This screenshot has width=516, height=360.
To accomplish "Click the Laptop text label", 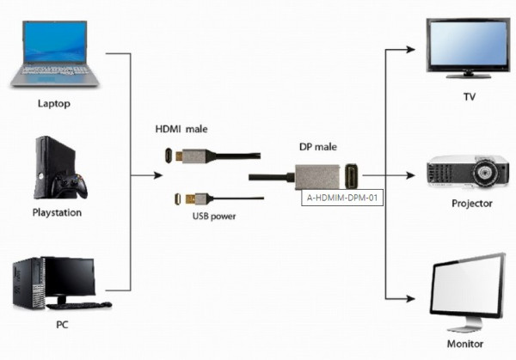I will (53, 104).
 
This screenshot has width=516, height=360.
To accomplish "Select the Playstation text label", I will (57, 211).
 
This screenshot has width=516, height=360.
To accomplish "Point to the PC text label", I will (61, 325).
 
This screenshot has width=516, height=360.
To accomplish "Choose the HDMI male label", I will (181, 129).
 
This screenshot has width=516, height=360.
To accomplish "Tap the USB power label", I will (214, 217).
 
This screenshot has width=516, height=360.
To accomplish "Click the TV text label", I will (470, 96).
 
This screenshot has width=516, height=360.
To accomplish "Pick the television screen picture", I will (466, 49).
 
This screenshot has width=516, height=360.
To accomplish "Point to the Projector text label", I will (471, 204).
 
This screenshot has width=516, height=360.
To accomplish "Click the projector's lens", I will (487, 173).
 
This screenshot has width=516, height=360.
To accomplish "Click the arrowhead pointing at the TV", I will (411, 49).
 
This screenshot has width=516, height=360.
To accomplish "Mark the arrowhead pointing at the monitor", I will (411, 298).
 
